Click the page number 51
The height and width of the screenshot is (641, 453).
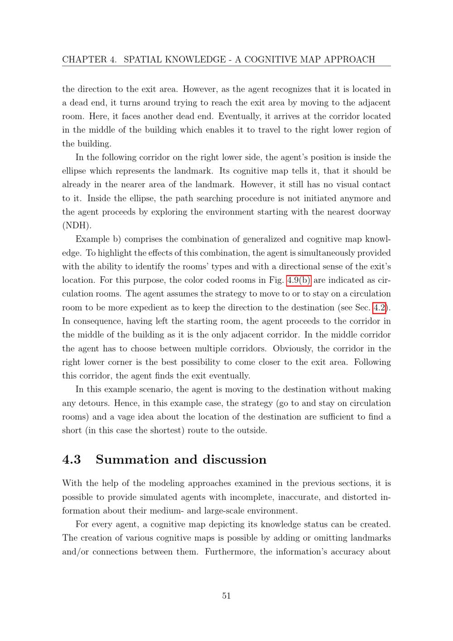(226, 596)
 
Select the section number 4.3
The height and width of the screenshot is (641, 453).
(72, 460)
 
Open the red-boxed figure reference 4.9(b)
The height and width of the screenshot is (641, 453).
(299, 280)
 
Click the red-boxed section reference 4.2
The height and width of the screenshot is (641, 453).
(380, 307)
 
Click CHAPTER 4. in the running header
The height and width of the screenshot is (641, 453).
(89, 59)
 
